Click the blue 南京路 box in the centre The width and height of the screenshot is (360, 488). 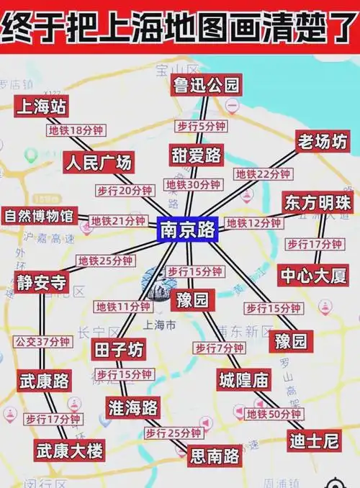[188, 230]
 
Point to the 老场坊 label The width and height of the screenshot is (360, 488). [322, 142]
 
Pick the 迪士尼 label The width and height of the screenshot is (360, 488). [314, 438]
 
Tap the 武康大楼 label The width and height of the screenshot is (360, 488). [70, 451]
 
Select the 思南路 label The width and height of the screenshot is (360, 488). [214, 455]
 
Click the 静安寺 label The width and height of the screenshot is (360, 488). [42, 282]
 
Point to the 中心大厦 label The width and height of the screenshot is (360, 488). [315, 274]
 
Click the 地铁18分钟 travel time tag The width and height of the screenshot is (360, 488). [76, 131]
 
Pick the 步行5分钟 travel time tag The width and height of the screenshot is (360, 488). [202, 127]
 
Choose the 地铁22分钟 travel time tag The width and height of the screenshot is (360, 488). [263, 174]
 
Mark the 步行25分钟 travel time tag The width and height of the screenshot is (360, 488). [173, 433]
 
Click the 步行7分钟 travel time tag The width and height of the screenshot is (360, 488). [219, 348]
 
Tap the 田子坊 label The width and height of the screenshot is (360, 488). [120, 350]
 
